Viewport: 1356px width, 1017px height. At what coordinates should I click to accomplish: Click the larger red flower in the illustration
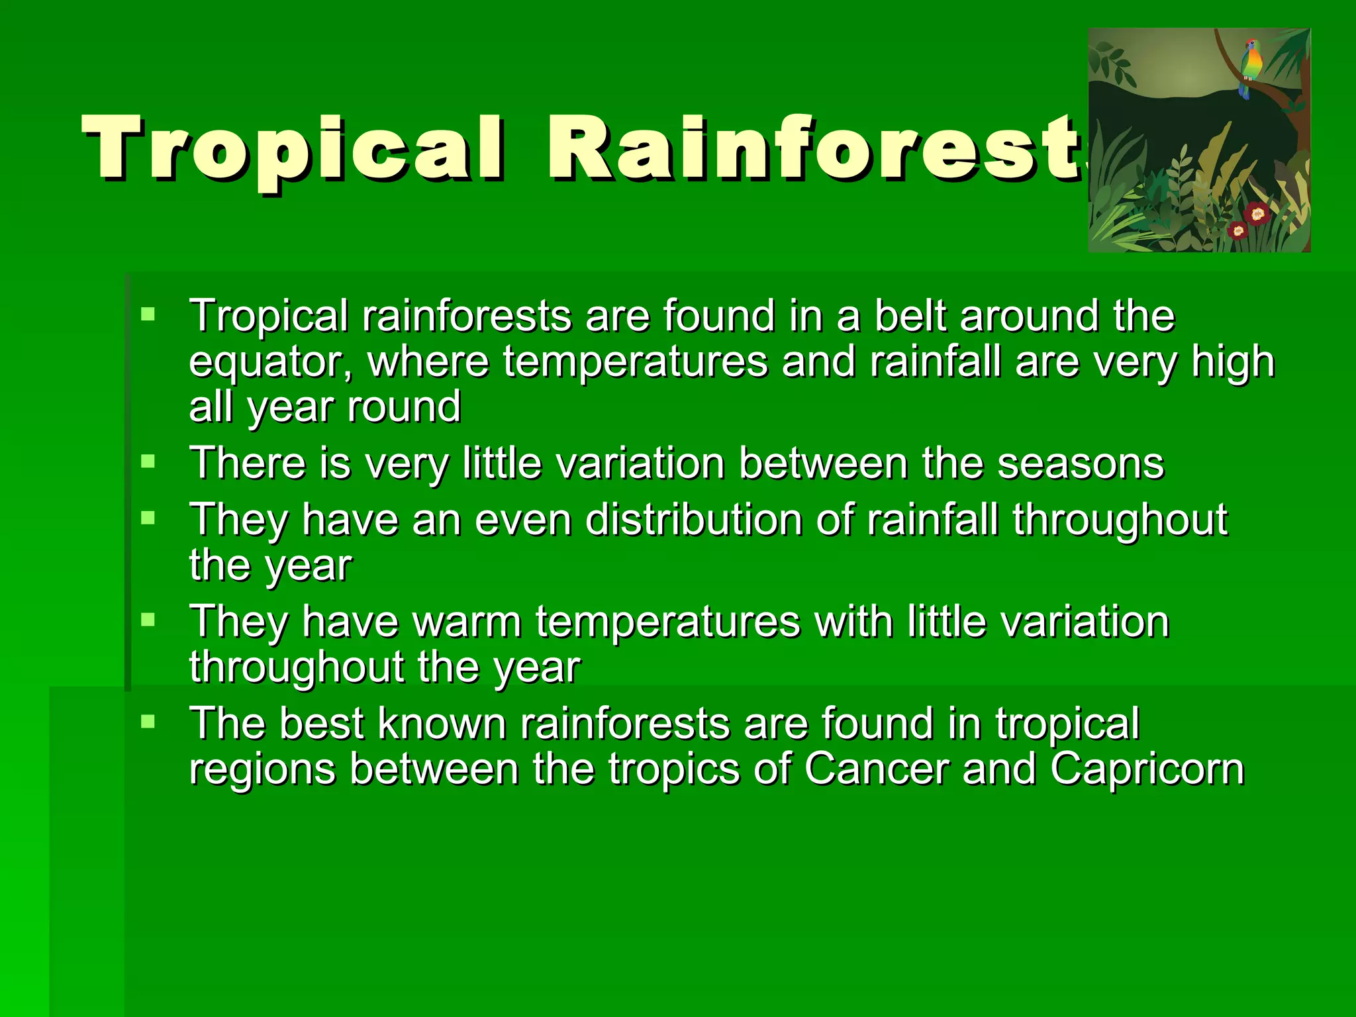1257,213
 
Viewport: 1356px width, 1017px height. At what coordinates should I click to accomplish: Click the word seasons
1081,463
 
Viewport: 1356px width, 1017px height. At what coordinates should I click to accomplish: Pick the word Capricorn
1147,771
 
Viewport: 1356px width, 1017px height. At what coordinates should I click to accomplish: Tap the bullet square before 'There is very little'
148,461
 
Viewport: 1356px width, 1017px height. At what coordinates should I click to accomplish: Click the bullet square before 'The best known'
148,722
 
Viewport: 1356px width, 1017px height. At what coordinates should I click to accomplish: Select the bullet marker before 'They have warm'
148,620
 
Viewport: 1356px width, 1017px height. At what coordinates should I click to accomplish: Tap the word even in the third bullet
523,520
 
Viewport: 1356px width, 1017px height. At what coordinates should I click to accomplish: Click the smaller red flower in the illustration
1237,230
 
